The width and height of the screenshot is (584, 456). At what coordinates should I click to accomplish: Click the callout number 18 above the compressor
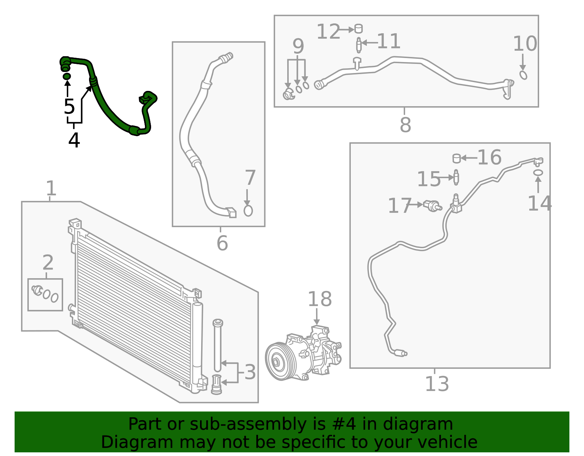[x=320, y=299]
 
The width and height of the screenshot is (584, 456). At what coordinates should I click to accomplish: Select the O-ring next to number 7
[x=248, y=211]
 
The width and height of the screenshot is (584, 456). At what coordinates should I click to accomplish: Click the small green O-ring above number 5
[x=67, y=76]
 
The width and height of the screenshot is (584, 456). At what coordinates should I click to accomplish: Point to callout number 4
[x=74, y=141]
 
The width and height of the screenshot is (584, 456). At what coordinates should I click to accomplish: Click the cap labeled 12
[x=358, y=29]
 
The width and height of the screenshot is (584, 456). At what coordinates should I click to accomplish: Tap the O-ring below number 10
[x=523, y=75]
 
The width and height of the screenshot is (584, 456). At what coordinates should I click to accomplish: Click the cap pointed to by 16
[x=456, y=158]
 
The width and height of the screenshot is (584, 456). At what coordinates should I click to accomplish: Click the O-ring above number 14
[x=538, y=172]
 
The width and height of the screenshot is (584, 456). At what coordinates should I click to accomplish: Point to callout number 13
[x=437, y=384]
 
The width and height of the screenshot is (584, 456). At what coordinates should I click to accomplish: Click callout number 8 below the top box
[x=405, y=125]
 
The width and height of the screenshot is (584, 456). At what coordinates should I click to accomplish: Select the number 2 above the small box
[x=48, y=263]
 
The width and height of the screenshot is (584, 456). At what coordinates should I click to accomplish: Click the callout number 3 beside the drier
[x=250, y=372]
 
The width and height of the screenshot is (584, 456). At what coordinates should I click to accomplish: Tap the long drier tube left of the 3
[x=218, y=345]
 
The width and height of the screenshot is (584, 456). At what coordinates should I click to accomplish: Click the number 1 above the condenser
[x=51, y=189]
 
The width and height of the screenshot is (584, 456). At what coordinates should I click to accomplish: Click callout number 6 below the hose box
[x=222, y=243]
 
